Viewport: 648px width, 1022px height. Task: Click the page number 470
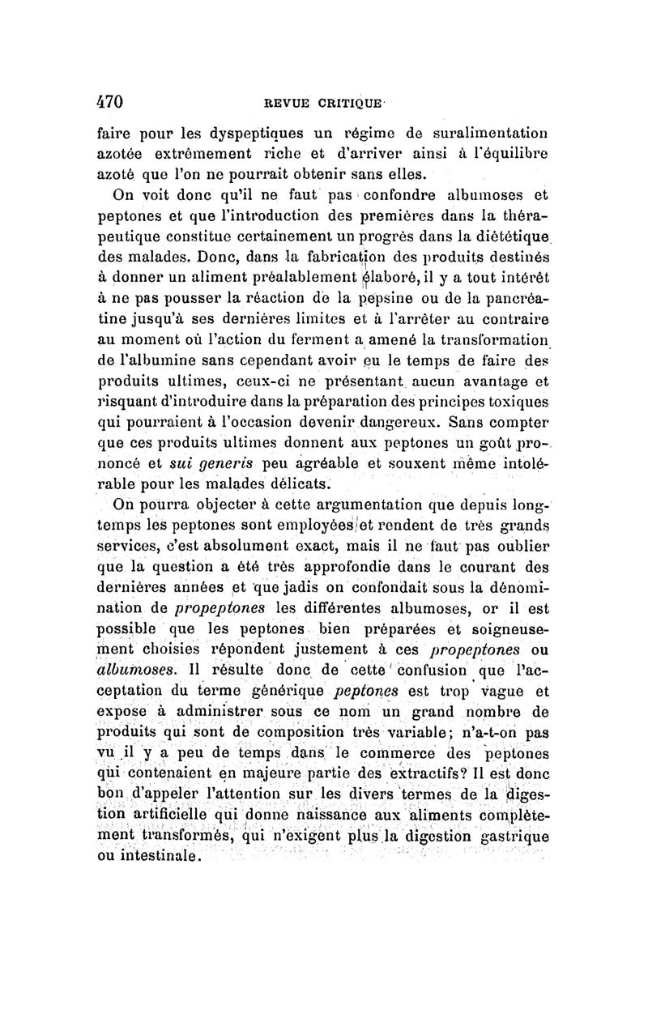click(x=109, y=103)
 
